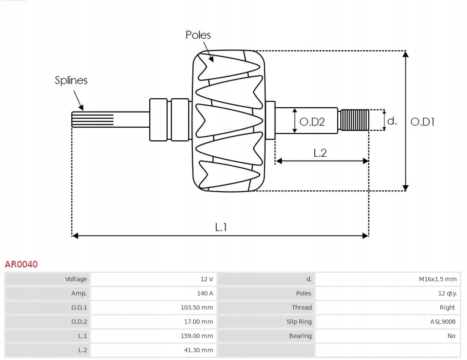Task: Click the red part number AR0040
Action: [x=21, y=264]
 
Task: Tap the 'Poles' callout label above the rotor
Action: [x=198, y=35]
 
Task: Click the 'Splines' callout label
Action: [x=71, y=80]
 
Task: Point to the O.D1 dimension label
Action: [x=422, y=122]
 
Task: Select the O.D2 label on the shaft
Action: [x=312, y=122]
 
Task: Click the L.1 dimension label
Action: [x=221, y=227]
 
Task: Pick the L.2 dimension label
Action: [x=320, y=153]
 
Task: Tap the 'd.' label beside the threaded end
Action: [x=392, y=121]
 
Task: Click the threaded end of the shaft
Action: [x=354, y=120]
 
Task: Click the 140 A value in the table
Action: [x=205, y=293]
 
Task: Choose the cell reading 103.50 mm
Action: [x=197, y=308]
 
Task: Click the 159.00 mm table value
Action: [x=197, y=336]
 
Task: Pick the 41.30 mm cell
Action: [x=198, y=350]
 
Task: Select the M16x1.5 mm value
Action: [x=438, y=279]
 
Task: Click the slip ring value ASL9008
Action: [x=443, y=322]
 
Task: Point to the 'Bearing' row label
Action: [x=300, y=336]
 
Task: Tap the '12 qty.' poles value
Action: [x=447, y=293]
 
